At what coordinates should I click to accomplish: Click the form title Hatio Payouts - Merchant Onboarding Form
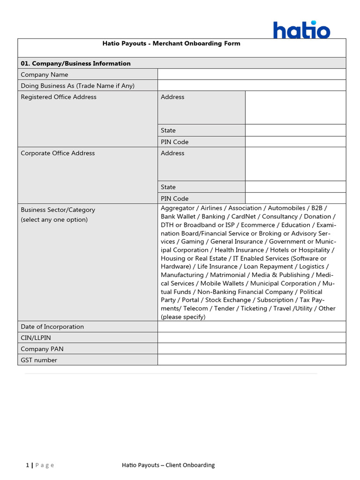click(x=171, y=44)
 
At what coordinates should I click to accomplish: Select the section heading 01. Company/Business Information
click(x=75, y=63)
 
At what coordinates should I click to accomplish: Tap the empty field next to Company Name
click(x=252, y=75)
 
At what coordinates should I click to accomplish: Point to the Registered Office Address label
click(x=59, y=97)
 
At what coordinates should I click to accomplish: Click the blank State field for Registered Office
click(x=295, y=130)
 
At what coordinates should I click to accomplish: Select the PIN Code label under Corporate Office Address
click(x=174, y=198)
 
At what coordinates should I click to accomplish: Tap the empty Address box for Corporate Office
click(x=295, y=164)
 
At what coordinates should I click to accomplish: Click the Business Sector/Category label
click(x=58, y=210)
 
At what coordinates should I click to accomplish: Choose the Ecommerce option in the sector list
click(x=258, y=225)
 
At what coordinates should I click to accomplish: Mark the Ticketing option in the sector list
click(x=254, y=308)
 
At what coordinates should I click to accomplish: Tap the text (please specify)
click(x=183, y=317)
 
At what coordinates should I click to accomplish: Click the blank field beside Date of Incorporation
click(x=252, y=327)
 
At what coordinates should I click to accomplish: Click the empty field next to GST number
click(x=252, y=360)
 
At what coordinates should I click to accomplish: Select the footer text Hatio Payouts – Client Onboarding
click(x=168, y=465)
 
